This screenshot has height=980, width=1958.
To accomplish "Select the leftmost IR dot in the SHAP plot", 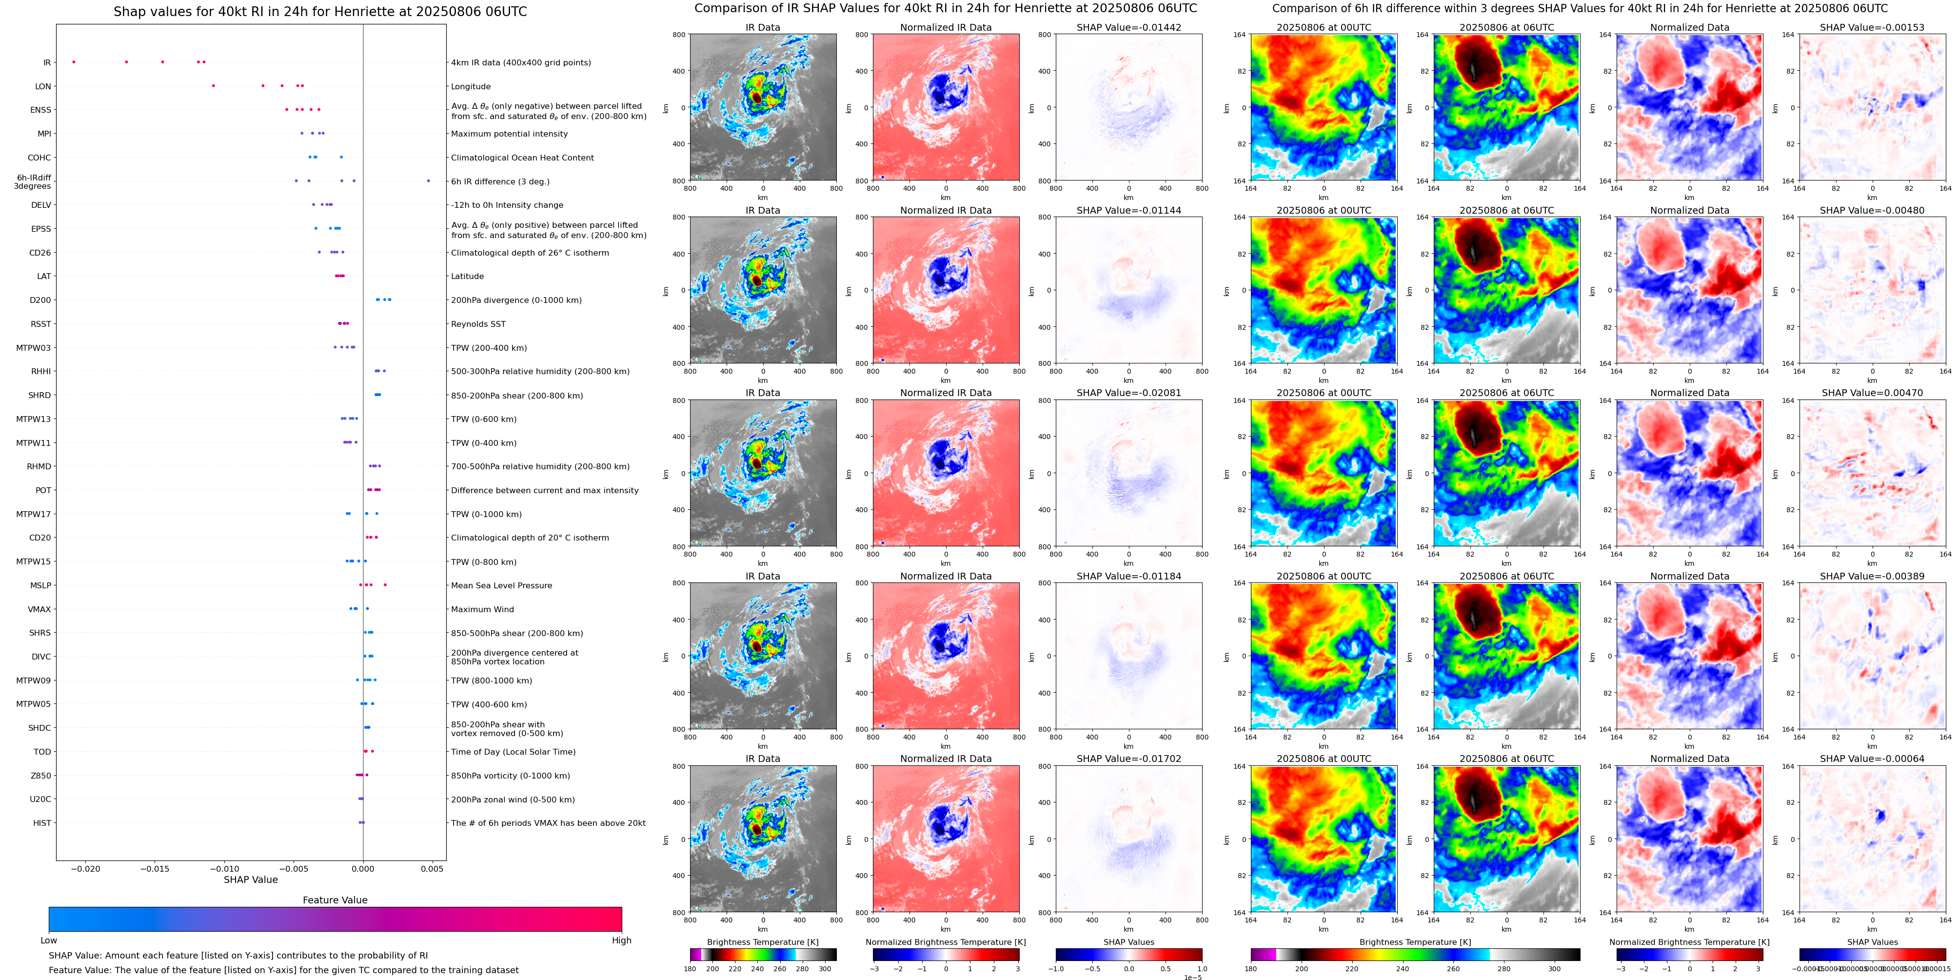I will [74, 61].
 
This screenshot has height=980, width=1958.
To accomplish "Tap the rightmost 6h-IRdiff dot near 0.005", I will [429, 181].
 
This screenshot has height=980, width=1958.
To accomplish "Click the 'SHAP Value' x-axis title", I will [251, 880].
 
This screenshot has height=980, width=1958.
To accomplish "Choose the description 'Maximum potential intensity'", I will [509, 134].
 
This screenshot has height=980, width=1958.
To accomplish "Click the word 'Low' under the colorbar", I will [49, 940].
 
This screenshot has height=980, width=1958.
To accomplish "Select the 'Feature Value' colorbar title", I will [335, 900].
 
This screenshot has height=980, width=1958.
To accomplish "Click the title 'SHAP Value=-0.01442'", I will [1129, 27].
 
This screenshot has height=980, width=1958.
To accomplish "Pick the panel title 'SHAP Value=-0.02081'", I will [1129, 393].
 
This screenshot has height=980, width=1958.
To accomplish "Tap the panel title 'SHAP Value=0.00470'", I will [1872, 393].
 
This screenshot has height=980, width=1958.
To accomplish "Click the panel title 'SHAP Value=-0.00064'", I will [1872, 759].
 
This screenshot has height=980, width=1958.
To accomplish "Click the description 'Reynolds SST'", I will [478, 324].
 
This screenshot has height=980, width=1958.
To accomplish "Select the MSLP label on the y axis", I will [40, 585].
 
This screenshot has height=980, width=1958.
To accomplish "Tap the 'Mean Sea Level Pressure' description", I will [502, 585].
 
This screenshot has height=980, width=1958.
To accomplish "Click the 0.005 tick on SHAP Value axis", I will [432, 869].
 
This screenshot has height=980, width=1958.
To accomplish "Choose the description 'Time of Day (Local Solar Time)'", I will [513, 752].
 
